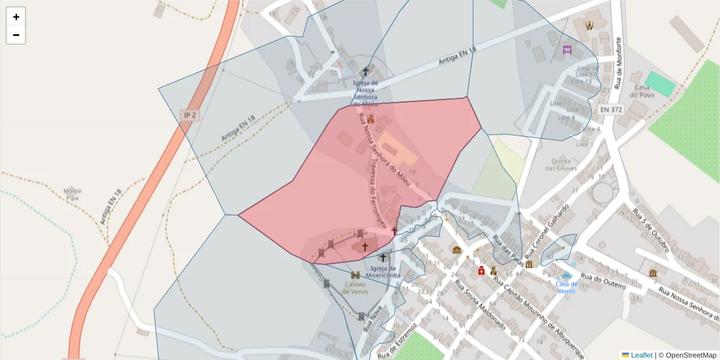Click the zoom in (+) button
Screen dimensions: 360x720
[16, 17]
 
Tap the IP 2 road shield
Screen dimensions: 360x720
[190, 115]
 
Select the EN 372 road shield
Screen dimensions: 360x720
[611, 110]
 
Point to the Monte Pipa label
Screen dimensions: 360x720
[72, 194]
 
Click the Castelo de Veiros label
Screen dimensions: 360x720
[355, 288]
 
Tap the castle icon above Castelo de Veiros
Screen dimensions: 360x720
[355, 275]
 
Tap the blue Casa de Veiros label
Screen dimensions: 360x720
[566, 287]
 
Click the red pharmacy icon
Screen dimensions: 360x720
[481, 271]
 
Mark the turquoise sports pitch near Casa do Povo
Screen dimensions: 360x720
[660, 84]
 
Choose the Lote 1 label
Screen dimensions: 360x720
[584, 144]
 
